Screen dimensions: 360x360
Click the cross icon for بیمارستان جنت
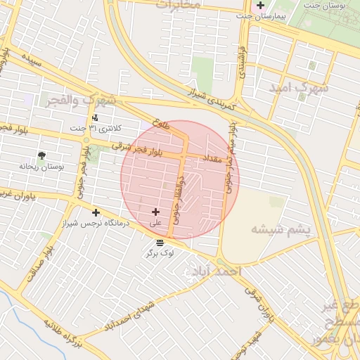pyautogui.click(x=261, y=5)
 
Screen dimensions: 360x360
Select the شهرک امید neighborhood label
pyautogui.click(x=298, y=88)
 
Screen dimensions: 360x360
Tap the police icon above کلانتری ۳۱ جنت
pyautogui.click(x=96, y=117)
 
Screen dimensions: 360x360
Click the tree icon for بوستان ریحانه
pyautogui.click(x=42, y=155)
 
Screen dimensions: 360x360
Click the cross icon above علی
pyautogui.click(x=155, y=212)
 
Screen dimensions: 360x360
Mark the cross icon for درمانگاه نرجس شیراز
pyautogui.click(x=96, y=212)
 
